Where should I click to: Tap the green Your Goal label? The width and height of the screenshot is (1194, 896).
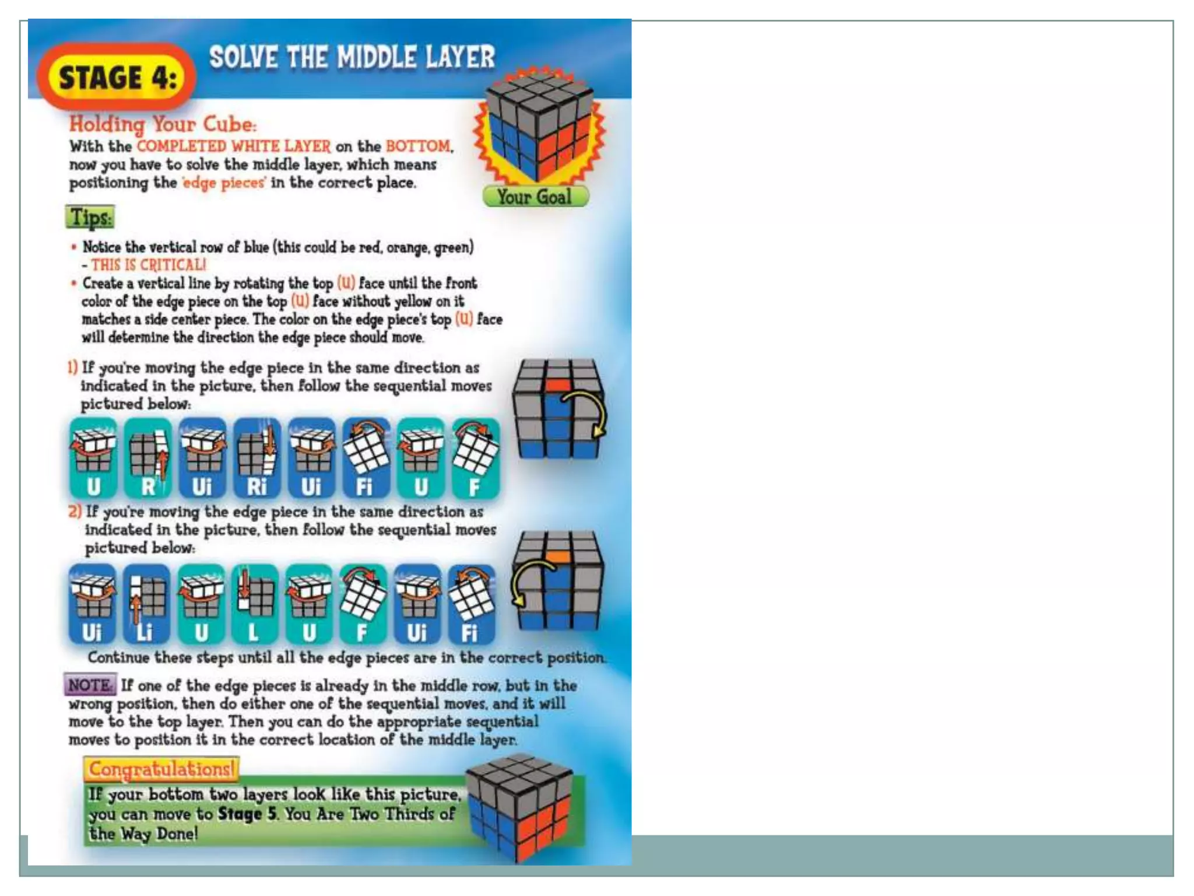click(535, 197)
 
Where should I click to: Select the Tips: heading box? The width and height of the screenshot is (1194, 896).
click(90, 218)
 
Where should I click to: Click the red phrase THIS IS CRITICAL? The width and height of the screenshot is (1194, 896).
click(149, 265)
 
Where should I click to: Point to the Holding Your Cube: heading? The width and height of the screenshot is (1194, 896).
click(163, 124)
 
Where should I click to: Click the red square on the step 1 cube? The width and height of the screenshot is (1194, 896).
click(558, 384)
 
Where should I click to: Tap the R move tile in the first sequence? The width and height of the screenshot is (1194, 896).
click(148, 459)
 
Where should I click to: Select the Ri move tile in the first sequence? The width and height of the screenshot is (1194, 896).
click(257, 459)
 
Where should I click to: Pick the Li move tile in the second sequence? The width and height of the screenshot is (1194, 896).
click(146, 604)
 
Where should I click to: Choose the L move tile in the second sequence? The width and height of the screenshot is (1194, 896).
click(254, 604)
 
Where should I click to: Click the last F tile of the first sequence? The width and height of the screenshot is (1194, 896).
click(476, 459)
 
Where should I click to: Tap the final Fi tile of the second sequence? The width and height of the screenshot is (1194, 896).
click(471, 604)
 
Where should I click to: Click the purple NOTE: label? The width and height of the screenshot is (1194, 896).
click(90, 685)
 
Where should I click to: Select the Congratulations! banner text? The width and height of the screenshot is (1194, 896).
click(161, 769)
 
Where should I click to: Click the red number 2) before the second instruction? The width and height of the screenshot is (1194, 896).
click(75, 512)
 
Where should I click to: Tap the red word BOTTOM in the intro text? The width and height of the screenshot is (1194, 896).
click(419, 146)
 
